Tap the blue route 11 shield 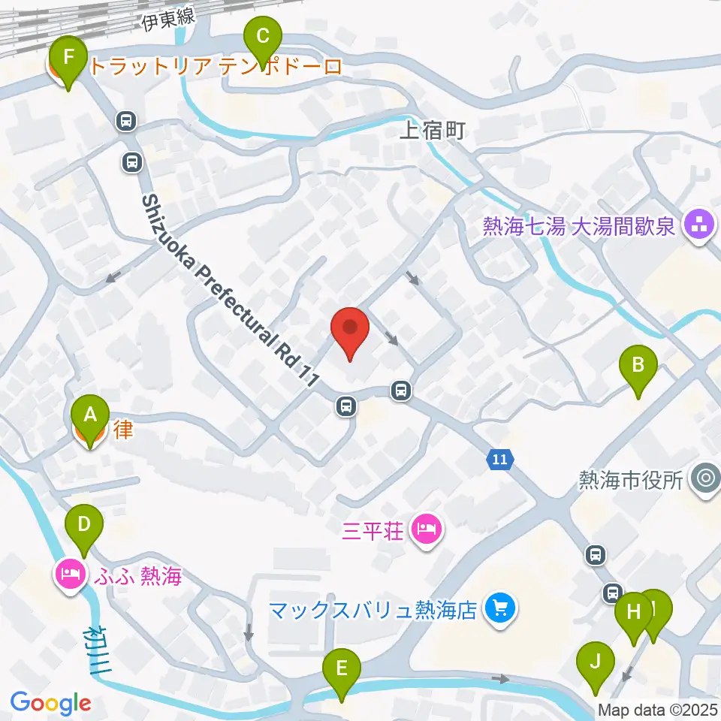(501, 459)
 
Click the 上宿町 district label (433, 131)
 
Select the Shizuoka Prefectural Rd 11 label (225, 289)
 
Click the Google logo (50, 702)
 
